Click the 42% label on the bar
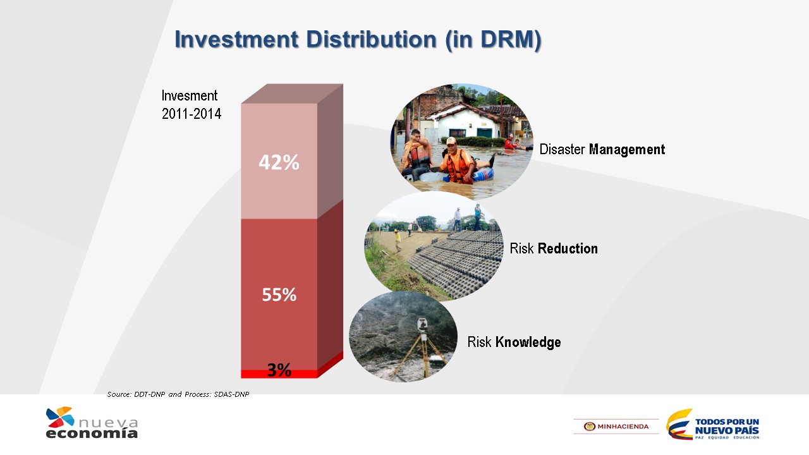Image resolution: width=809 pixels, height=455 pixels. click(279, 162)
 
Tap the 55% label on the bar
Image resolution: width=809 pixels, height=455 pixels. click(279, 294)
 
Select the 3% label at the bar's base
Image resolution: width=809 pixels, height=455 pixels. click(279, 370)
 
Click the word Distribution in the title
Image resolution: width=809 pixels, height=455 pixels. click(371, 39)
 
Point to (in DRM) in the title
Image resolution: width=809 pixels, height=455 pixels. click(494, 39)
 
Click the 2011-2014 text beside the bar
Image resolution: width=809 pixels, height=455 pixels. click(192, 114)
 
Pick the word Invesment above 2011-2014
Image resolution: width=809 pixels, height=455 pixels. click(189, 95)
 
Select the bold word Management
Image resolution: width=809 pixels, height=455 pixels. click(627, 150)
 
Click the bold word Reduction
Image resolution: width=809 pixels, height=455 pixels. click(568, 248)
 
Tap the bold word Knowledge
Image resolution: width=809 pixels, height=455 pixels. click(528, 342)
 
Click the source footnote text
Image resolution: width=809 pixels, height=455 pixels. click(178, 394)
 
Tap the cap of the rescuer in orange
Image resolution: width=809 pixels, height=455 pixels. click(451, 140)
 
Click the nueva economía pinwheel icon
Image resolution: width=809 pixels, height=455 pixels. click(60, 416)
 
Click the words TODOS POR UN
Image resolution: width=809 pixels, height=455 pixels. click(727, 422)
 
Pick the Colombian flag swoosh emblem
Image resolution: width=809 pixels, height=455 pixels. click(679, 424)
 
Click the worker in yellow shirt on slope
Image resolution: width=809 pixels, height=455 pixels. click(398, 240)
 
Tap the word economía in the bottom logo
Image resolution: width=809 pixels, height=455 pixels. click(92, 433)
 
